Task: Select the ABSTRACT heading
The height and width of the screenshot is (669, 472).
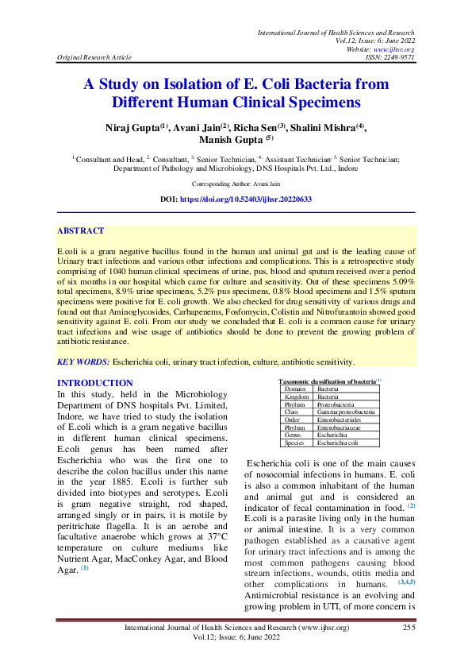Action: (80, 231)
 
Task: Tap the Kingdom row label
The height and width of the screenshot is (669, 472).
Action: (297, 396)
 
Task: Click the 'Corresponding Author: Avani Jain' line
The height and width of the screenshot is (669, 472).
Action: (236, 184)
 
